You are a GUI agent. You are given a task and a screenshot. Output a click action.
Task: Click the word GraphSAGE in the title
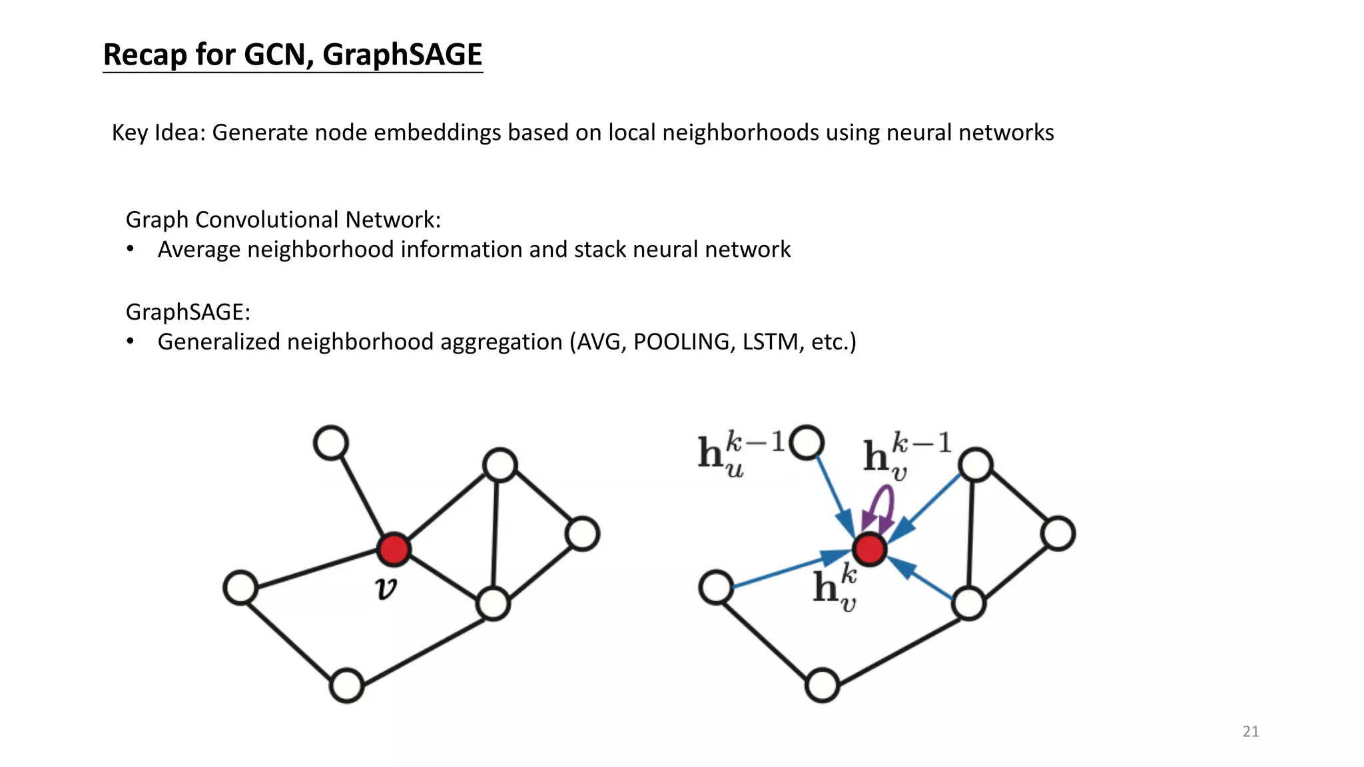coord(402,55)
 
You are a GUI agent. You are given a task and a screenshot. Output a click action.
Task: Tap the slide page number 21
coord(1250,731)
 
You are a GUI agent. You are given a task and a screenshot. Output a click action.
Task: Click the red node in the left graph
coord(393,549)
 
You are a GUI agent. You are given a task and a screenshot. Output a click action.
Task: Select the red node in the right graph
coord(869,549)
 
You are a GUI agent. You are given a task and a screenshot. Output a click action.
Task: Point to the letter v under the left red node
coord(386,588)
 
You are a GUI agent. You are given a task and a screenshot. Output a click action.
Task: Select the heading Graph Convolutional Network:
coord(283,220)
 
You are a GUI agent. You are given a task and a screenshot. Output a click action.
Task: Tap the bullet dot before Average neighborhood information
coord(131,249)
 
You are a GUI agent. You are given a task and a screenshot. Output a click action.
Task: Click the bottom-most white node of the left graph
coord(347,685)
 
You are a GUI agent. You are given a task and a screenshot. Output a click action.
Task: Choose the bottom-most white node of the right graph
coord(822,685)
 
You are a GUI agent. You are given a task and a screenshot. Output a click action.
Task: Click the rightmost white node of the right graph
coord(1058,534)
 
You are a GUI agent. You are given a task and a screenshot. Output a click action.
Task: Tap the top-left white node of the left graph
coord(331,443)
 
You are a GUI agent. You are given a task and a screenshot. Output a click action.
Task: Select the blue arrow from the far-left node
coord(786,571)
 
